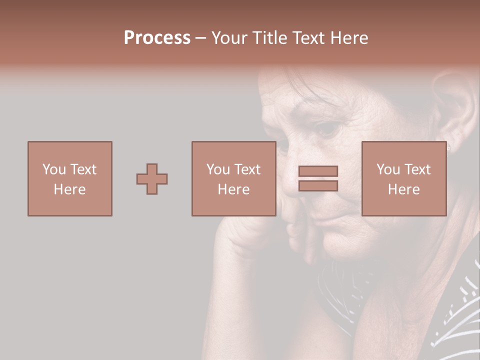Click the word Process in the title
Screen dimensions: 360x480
157,38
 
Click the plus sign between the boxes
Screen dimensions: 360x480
152,179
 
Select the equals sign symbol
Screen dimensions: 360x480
318,179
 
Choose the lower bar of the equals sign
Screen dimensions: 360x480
318,186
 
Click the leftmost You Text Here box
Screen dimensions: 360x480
69,179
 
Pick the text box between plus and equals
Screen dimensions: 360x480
233,179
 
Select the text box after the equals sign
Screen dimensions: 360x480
403,179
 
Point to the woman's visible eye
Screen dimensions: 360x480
327,129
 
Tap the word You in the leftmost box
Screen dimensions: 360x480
54,169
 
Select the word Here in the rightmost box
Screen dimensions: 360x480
403,189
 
